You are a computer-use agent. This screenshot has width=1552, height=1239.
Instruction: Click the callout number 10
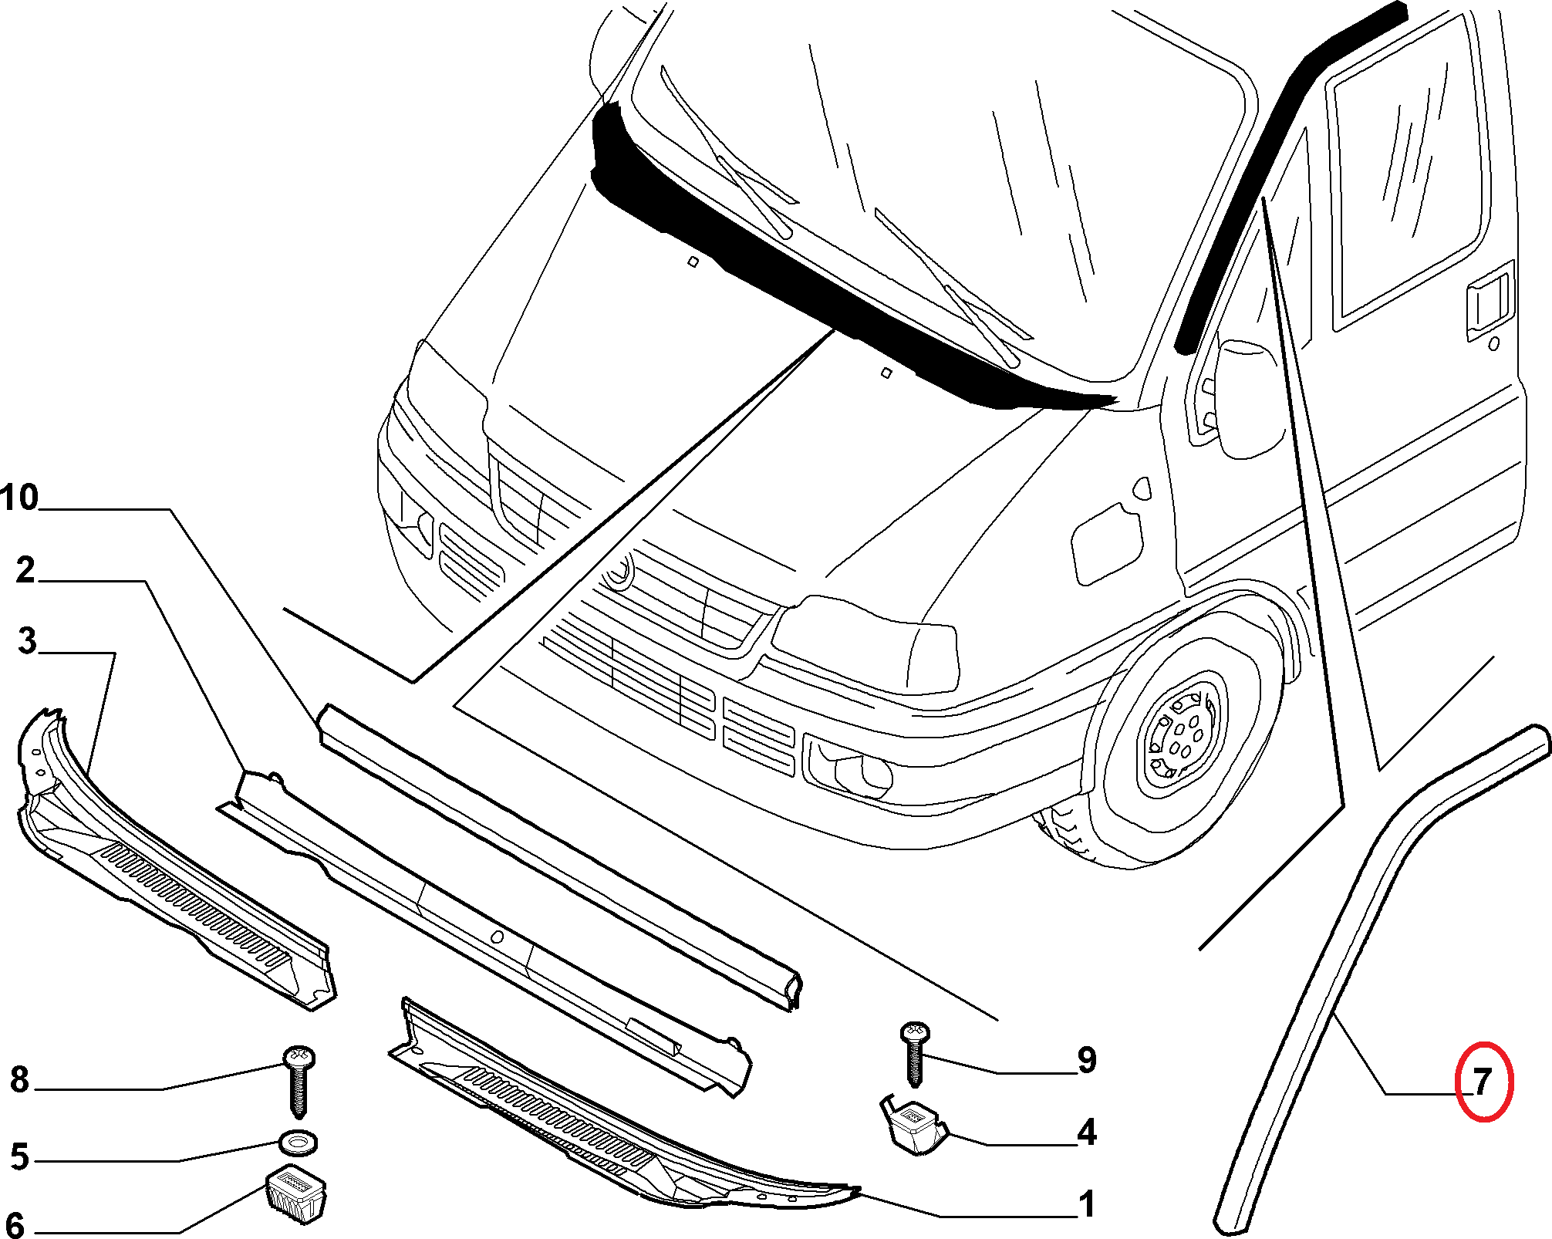pos(19,498)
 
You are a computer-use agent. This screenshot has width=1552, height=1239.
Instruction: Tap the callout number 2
pos(25,570)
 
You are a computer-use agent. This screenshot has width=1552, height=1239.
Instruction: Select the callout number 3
pos(27,641)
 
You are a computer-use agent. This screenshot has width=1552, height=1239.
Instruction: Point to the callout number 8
pos(20,1079)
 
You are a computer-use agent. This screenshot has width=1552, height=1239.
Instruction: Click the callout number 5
pos(20,1157)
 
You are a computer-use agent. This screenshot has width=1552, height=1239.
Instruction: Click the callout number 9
pos(1087,1060)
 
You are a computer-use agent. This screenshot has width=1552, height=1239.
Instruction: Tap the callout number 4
pos(1087,1132)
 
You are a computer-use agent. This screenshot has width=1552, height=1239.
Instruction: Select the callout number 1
pos(1087,1204)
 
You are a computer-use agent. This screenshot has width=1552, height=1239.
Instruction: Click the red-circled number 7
pos(1483,1082)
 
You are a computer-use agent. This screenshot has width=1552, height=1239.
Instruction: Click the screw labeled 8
pos(299,1081)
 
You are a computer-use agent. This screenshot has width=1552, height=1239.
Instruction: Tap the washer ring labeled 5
pos(298,1143)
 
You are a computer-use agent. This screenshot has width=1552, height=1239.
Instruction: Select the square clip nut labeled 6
pos(296,1194)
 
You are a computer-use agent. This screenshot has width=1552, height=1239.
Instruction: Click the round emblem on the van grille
pos(618,571)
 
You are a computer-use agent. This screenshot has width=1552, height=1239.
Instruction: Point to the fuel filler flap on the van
pos(1107,544)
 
